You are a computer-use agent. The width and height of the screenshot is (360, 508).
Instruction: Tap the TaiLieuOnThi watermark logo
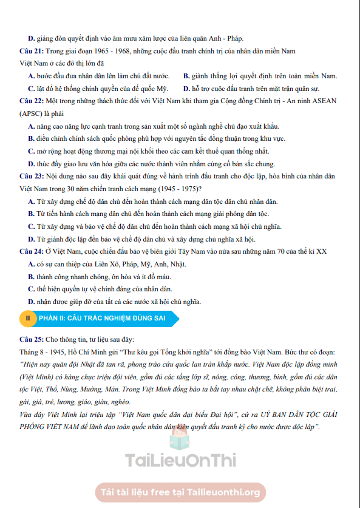(x=180, y=460)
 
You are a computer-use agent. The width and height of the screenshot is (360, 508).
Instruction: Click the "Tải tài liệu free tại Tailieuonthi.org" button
(x=180, y=492)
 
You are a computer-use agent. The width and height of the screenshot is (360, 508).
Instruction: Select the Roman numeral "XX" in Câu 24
(x=322, y=251)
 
